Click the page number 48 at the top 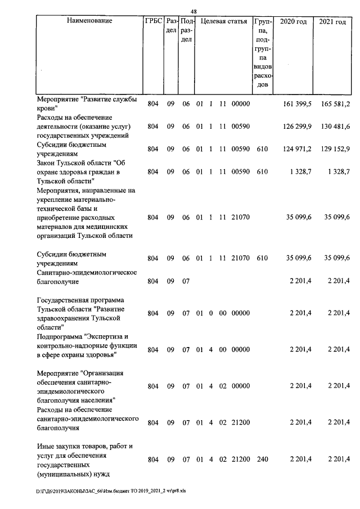pyautogui.click(x=193, y=12)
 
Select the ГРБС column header pyautogui.click(x=154, y=21)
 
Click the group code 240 pyautogui.click(x=262, y=460)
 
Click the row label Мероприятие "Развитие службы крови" pyautogui.click(x=87, y=104)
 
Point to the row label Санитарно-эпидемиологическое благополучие pyautogui.click(x=87, y=277)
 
